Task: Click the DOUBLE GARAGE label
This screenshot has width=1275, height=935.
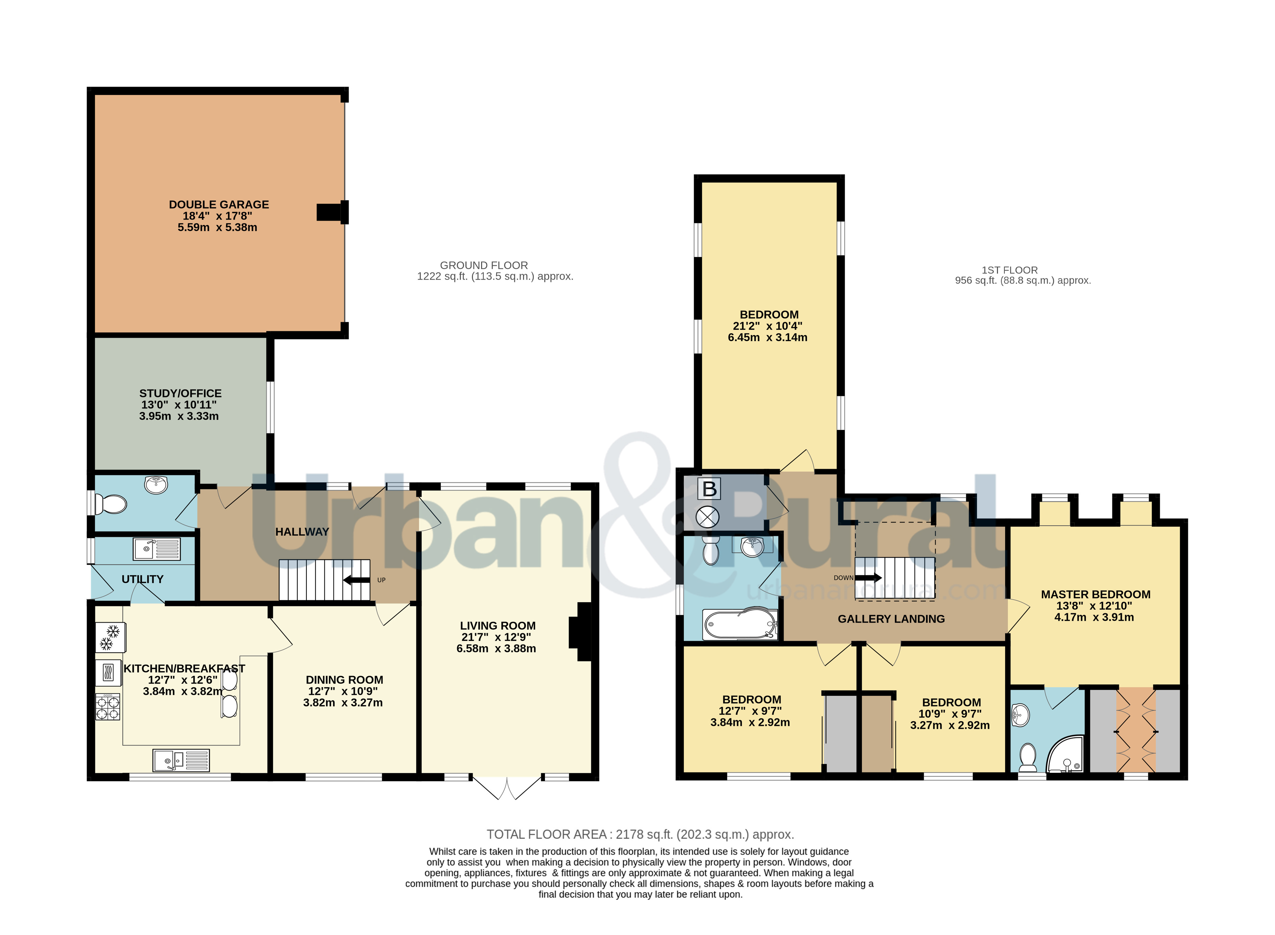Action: [x=219, y=204]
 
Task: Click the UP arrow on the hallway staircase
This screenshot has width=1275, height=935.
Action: [x=356, y=580]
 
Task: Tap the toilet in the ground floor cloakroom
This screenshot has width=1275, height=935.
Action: [x=111, y=504]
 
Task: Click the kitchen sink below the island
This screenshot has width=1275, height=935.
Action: [x=181, y=760]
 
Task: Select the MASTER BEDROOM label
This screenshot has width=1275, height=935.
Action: [x=1095, y=594]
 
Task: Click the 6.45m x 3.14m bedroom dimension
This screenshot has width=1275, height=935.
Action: [x=767, y=337]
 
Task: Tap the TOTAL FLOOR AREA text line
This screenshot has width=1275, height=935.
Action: [x=640, y=834]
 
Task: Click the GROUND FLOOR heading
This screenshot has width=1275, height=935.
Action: [x=484, y=265]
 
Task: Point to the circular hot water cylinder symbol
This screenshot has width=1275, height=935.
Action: [x=707, y=517]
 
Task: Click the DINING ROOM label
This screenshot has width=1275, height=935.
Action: [x=344, y=680]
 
